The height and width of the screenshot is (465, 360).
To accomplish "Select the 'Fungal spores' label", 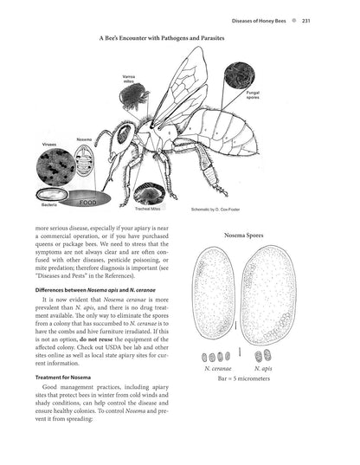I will pyautogui.click(x=254, y=113).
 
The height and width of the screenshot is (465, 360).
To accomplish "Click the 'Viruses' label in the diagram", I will pyautogui.click(x=49, y=144).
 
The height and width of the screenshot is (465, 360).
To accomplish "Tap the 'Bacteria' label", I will pyautogui.click(x=50, y=204).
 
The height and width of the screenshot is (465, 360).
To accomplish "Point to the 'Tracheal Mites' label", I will pyautogui.click(x=148, y=208).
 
